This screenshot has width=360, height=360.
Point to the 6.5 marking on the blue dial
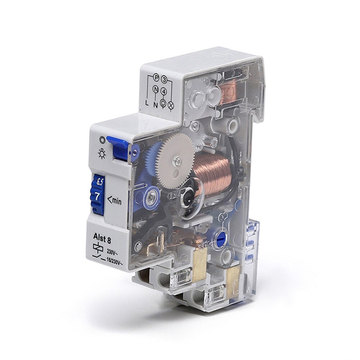tap(98, 182)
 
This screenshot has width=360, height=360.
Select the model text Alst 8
tap(97, 237)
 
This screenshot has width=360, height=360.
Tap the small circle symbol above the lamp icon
tap(103, 139)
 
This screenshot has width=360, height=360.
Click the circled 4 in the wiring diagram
tap(164, 91)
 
